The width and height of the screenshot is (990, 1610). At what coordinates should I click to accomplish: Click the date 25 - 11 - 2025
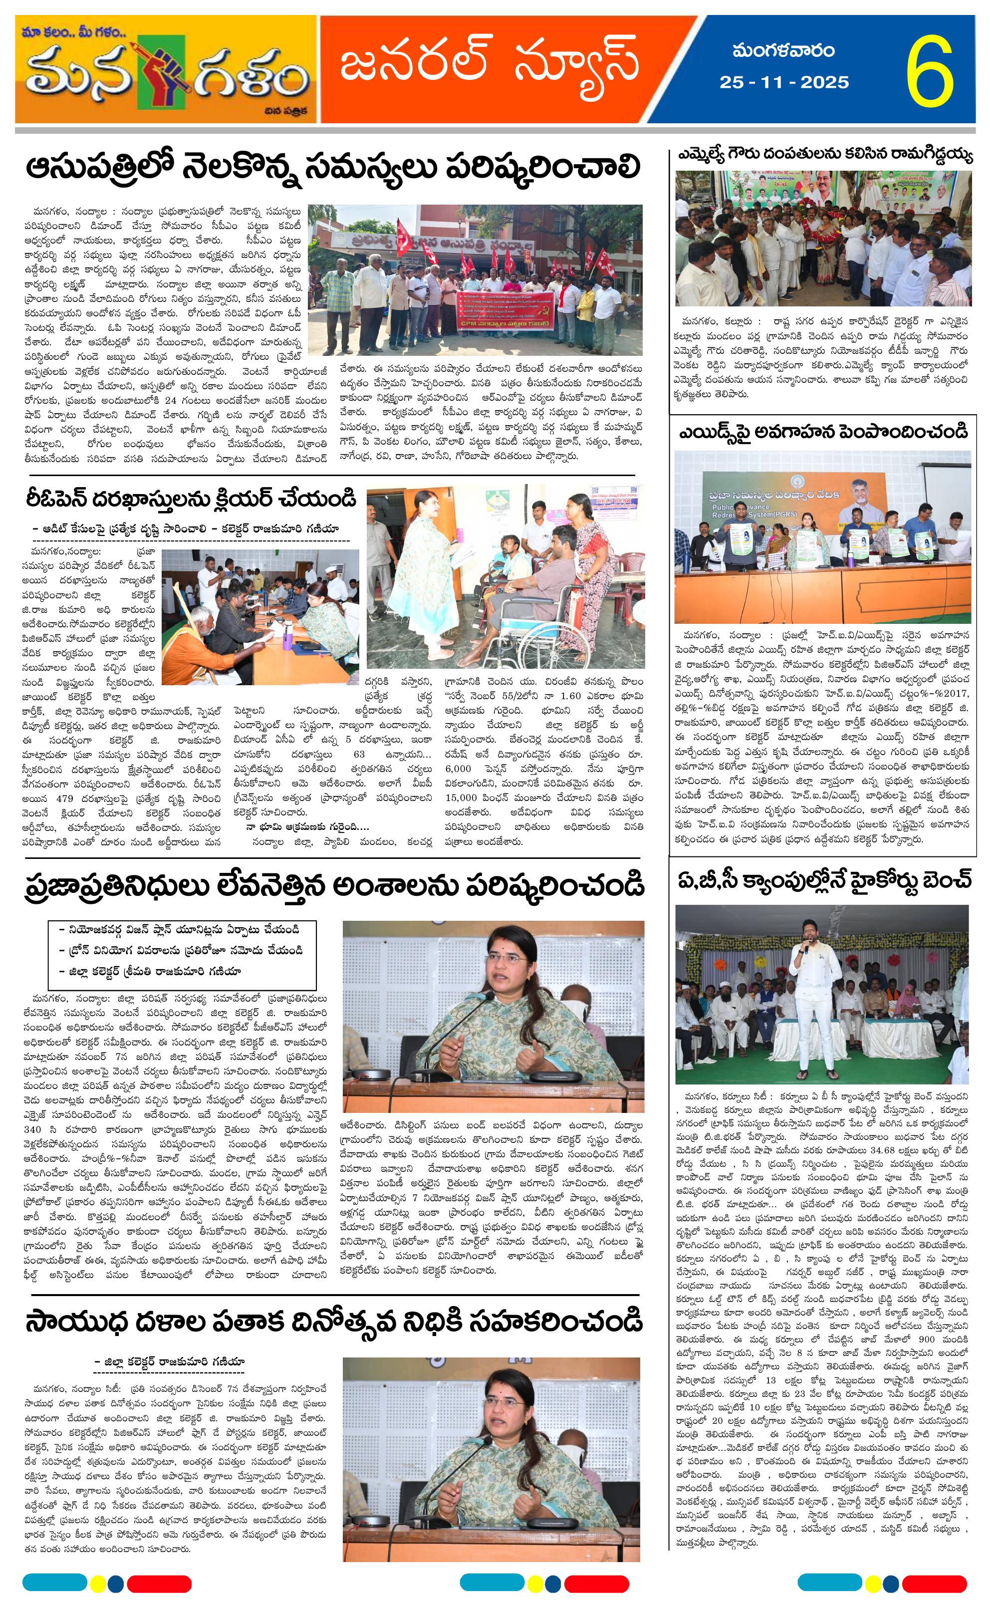[784, 82]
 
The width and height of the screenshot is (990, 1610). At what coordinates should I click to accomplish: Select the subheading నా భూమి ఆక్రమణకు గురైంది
[308, 826]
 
